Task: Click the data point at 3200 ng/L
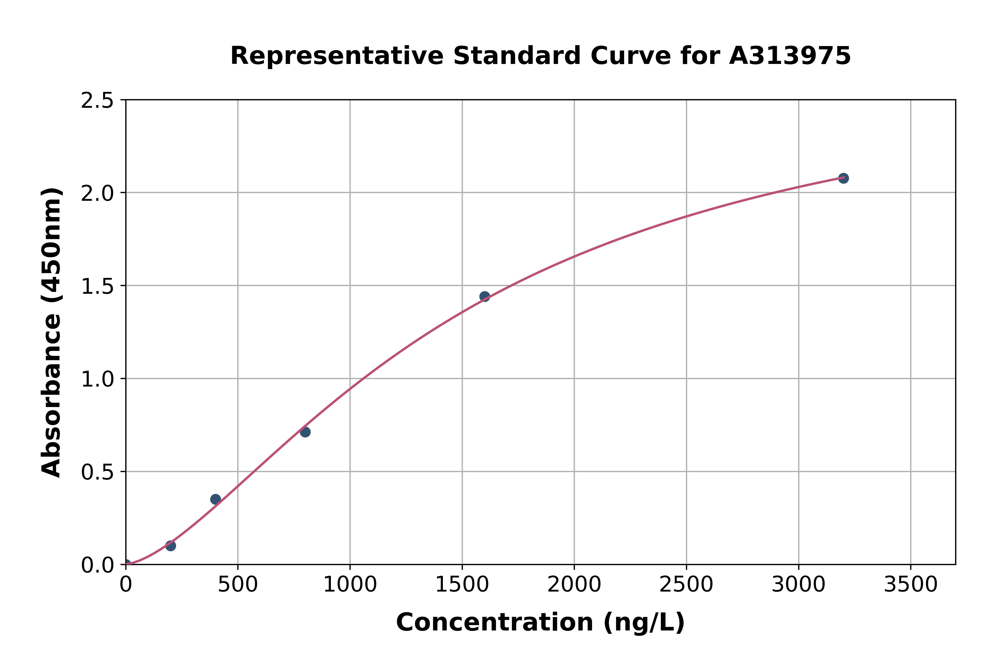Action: (843, 178)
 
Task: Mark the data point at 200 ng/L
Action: (171, 546)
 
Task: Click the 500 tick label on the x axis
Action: (238, 585)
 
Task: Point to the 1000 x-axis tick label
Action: (350, 585)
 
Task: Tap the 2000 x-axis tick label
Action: (574, 585)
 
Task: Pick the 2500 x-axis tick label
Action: (686, 585)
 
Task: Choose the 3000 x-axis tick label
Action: (799, 585)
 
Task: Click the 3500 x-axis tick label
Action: (911, 585)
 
